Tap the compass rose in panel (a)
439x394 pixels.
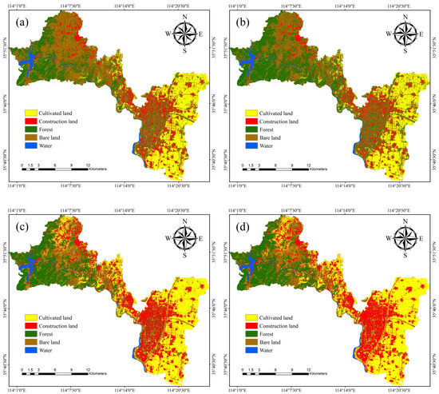(x=184, y=34)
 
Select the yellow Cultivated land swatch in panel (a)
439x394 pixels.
(x=33, y=113)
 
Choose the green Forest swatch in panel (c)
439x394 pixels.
(x=33, y=329)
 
